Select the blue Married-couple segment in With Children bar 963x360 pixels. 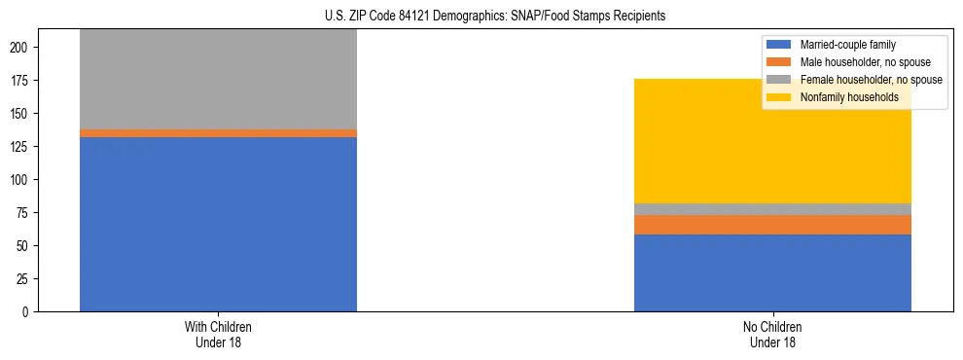click(x=218, y=224)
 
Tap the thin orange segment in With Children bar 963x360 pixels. click(x=218, y=133)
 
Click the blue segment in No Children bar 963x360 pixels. click(x=772, y=273)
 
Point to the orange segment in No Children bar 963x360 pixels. click(x=772, y=225)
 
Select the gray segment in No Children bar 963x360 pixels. click(x=772, y=209)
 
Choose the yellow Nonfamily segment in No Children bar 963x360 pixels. click(x=772, y=141)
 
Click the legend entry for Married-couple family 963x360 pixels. click(x=847, y=45)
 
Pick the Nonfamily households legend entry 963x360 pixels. click(x=849, y=97)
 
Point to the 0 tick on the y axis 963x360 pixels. click(x=30, y=312)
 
